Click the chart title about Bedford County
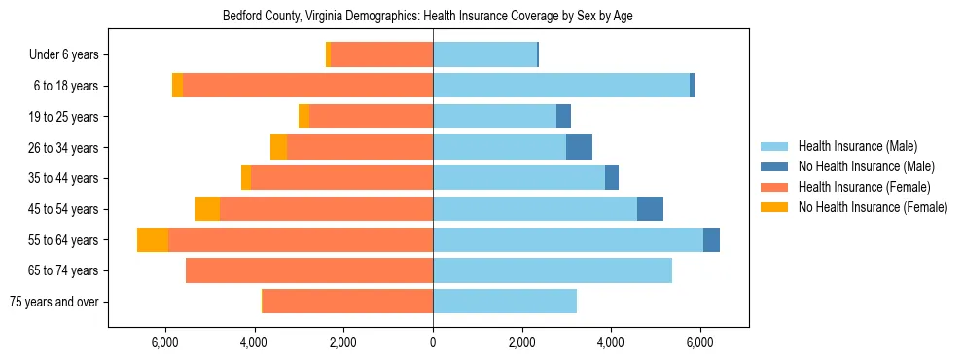pyautogui.click(x=428, y=17)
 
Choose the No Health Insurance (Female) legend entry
pyautogui.click(x=873, y=207)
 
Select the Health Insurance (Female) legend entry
pyautogui.click(x=864, y=187)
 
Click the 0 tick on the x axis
pyautogui.click(x=433, y=342)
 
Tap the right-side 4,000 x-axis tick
pyautogui.click(x=611, y=342)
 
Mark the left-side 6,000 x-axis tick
pyautogui.click(x=165, y=342)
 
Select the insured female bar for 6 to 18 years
pyautogui.click(x=307, y=86)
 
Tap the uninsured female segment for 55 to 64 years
pyautogui.click(x=153, y=239)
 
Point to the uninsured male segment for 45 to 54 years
pyautogui.click(x=650, y=209)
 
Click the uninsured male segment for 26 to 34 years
pyautogui.click(x=579, y=148)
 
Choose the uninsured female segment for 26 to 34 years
pyautogui.click(x=278, y=148)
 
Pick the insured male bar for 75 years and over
pyautogui.click(x=505, y=302)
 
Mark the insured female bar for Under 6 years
pyautogui.click(x=381, y=55)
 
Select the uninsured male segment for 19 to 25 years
pyautogui.click(x=563, y=117)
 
